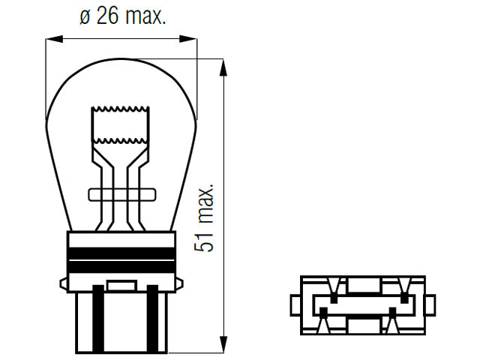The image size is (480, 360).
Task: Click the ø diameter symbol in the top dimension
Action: [84, 16]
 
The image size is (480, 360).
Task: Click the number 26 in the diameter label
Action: [107, 16]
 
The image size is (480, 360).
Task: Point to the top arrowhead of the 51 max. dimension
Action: [223, 67]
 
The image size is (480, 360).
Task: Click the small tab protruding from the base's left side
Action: [63, 282]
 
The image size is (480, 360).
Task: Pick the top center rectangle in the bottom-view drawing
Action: [362, 284]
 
